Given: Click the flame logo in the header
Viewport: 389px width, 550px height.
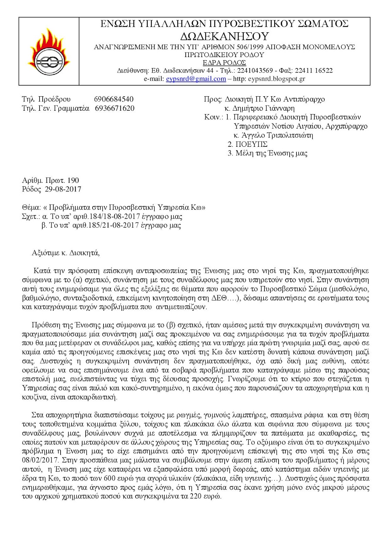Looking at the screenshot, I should point(48,52).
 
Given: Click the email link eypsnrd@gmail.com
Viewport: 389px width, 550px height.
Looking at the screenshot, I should point(196,79).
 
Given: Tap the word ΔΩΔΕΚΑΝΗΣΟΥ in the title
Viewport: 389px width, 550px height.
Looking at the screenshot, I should point(224,36).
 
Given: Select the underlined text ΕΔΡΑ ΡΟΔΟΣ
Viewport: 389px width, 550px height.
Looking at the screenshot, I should point(224,63).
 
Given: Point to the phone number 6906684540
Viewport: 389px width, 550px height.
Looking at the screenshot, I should point(114,99).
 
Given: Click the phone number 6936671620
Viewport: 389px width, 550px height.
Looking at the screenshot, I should point(115,108).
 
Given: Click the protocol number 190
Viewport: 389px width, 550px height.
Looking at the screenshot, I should point(73,180).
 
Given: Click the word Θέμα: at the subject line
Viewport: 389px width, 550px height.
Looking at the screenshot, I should point(31,207).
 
